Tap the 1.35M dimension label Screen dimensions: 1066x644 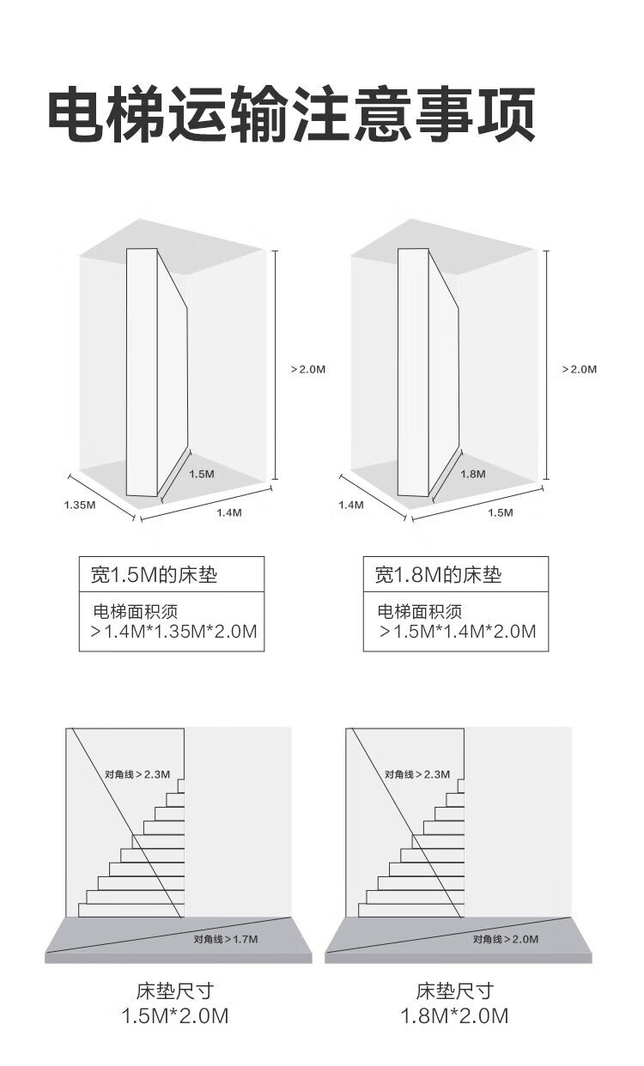tap(80, 505)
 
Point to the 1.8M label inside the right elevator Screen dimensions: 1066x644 tap(473, 474)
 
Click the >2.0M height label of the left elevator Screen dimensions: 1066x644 tap(308, 369)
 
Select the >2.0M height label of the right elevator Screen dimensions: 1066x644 tap(579, 369)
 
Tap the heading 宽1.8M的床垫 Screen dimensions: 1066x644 tap(438, 574)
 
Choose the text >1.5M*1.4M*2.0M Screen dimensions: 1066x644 tap(458, 633)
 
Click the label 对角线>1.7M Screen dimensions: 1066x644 tap(226, 940)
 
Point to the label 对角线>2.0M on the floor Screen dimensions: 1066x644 tap(506, 940)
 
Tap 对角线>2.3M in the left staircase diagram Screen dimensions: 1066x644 tap(138, 774)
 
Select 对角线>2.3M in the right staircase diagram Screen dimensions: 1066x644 tap(417, 774)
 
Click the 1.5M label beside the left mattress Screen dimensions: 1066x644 tap(202, 474)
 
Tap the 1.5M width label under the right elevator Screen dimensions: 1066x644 tap(500, 512)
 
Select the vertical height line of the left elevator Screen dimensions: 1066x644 tap(275, 364)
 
